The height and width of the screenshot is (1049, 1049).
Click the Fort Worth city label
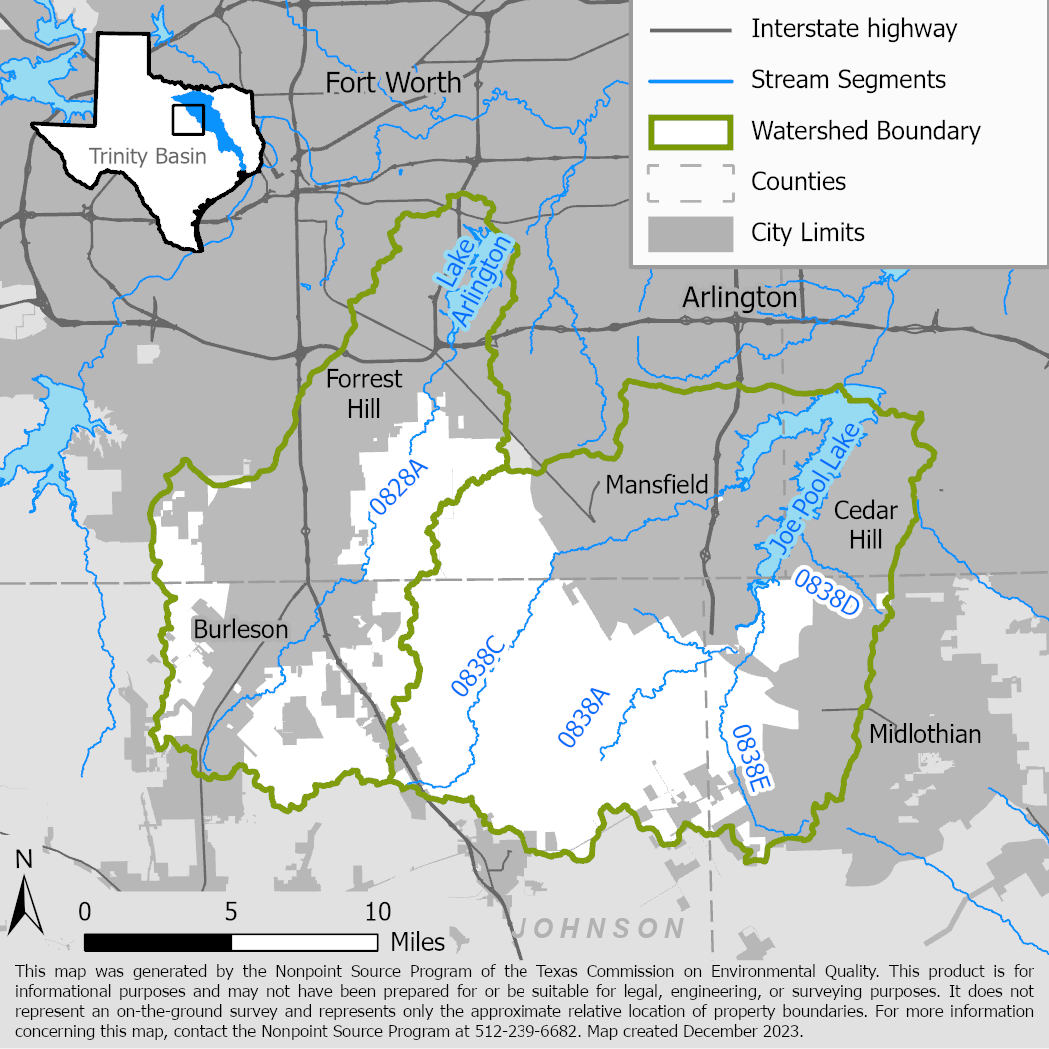pyautogui.click(x=393, y=82)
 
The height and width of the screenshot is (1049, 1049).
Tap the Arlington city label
pyautogui.click(x=739, y=298)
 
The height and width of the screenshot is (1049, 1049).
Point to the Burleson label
pyautogui.click(x=240, y=630)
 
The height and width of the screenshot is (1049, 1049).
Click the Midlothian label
pyautogui.click(x=925, y=735)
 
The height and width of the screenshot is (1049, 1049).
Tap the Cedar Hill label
pyautogui.click(x=866, y=525)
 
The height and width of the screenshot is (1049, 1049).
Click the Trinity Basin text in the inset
pyautogui.click(x=147, y=156)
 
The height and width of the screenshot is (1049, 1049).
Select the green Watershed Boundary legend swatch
pyautogui.click(x=690, y=131)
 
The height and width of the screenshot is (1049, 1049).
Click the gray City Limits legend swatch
pyautogui.click(x=690, y=234)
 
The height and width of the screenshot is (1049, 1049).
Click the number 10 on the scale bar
pyautogui.click(x=377, y=912)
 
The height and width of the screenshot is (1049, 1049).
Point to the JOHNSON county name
pyautogui.click(x=599, y=929)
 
